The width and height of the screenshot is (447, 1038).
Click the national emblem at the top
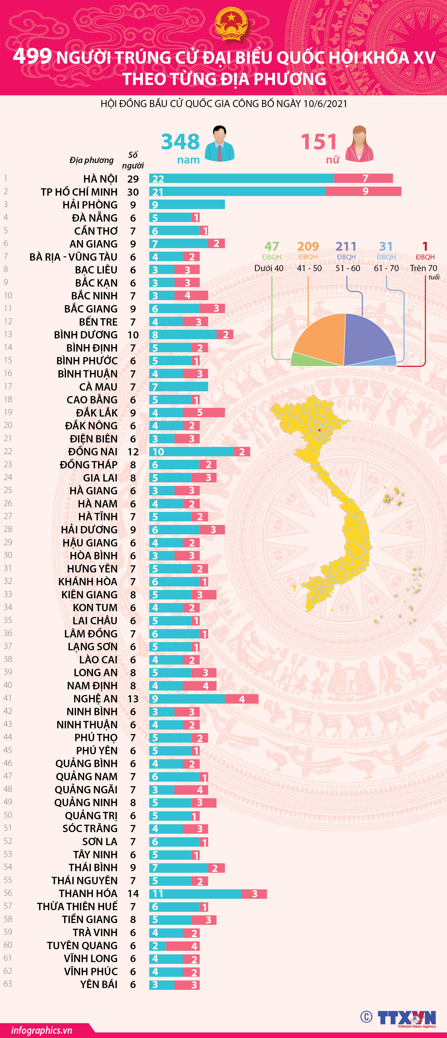[231, 25]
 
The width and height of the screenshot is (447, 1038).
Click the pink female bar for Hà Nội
[363, 178]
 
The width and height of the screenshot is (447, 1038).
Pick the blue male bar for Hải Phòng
[187, 204]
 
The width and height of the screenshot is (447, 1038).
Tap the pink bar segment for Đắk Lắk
[204, 412]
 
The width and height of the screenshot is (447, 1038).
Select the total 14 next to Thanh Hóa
[133, 893]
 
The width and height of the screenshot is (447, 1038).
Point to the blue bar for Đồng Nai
[191, 451]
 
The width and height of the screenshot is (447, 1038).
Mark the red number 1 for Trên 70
[425, 246]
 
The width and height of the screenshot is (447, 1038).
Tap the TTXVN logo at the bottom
[407, 1018]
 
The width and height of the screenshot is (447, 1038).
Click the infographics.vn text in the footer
[41, 1030]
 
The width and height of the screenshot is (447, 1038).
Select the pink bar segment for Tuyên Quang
[183, 946]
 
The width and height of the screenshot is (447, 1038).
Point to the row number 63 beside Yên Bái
[8, 983]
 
